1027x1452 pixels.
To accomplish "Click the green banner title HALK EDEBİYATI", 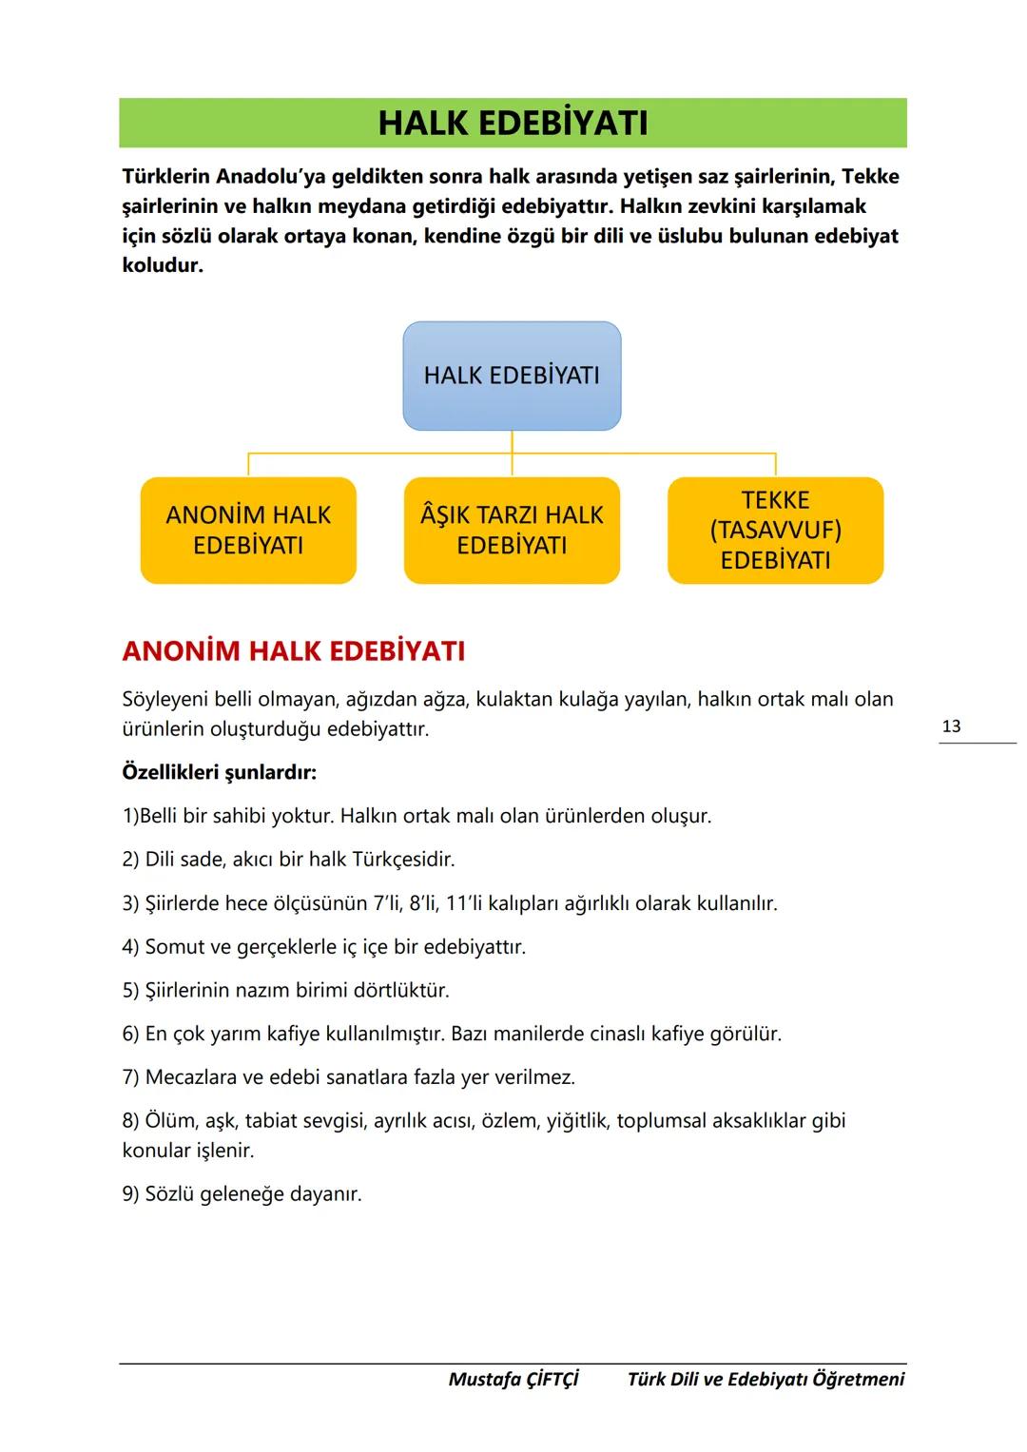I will click(513, 124).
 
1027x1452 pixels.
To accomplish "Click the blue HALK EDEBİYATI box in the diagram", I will click(512, 376).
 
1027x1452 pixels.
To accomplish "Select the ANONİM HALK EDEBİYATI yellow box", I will click(248, 531).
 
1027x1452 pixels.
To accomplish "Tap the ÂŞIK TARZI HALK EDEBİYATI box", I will click(512, 531).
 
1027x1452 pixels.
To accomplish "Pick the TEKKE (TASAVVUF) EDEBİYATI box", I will click(775, 531).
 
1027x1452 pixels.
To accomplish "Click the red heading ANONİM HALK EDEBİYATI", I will click(294, 652).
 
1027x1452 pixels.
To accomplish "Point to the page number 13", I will click(951, 726).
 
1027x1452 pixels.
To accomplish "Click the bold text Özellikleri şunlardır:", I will click(219, 772).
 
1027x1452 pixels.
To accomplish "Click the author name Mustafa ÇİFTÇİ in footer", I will click(513, 1380).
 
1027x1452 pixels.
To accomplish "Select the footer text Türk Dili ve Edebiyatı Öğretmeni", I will click(765, 1380).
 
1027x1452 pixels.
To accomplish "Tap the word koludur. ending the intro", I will click(163, 265).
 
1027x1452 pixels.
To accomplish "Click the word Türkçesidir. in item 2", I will click(403, 860).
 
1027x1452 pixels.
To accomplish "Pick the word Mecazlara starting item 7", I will click(192, 1077).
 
